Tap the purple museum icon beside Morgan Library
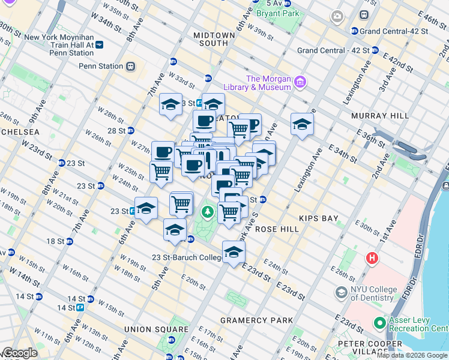(300, 81)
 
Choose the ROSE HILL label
(273, 229)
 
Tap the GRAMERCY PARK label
(256, 320)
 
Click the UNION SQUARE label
(155, 329)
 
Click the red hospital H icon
(372, 258)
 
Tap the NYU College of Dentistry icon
(341, 292)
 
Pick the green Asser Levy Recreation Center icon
(379, 323)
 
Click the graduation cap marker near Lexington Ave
(302, 125)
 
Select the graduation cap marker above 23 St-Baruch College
(234, 252)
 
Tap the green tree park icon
(208, 211)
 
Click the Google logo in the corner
(19, 353)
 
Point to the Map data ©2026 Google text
(412, 355)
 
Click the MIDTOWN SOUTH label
(214, 40)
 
